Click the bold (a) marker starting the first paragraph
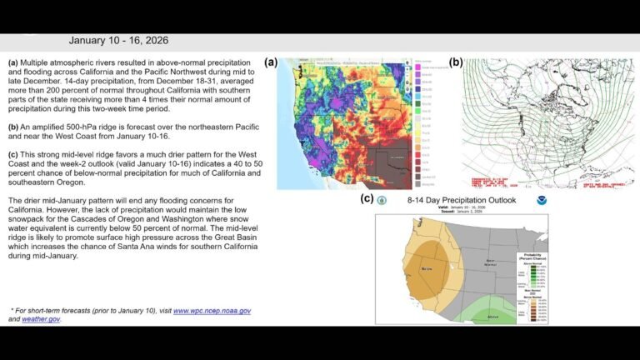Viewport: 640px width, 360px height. [x=13, y=63]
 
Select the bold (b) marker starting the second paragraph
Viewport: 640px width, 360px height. [x=13, y=127]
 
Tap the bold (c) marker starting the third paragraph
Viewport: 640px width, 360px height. [x=13, y=153]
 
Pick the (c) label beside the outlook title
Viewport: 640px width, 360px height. [x=366, y=198]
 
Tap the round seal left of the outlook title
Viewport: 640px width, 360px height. [x=382, y=201]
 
